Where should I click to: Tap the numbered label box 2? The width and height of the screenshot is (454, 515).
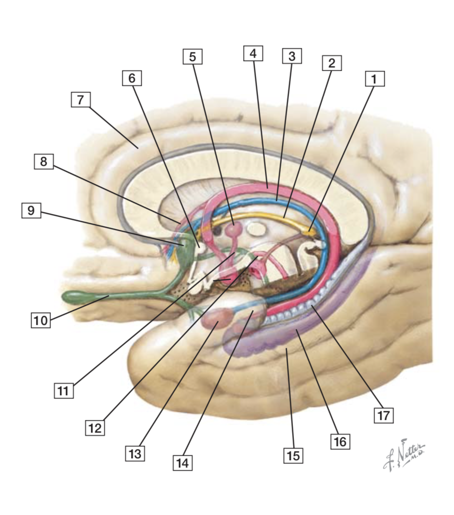click(332, 63)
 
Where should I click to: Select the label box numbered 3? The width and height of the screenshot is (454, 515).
click(292, 56)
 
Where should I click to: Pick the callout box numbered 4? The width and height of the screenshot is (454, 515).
click(253, 53)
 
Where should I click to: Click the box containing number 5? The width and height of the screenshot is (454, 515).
click(193, 57)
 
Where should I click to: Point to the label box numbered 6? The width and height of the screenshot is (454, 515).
click(132, 78)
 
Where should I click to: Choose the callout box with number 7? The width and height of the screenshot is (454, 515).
click(81, 100)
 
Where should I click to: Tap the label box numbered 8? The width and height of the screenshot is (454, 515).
click(44, 161)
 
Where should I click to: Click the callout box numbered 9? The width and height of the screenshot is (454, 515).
click(32, 210)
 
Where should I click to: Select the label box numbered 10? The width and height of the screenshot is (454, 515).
click(41, 321)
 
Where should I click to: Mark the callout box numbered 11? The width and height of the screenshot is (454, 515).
click(64, 390)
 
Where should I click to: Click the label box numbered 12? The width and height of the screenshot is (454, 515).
click(95, 428)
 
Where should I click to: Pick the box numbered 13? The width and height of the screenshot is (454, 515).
click(135, 453)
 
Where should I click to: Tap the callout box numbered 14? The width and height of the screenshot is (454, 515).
click(182, 463)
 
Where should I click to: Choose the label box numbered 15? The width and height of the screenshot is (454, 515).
click(293, 455)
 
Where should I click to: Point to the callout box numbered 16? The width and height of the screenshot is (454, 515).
click(340, 441)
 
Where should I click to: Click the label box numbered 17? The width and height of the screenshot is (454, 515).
click(383, 416)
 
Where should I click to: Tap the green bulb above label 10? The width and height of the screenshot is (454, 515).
click(80, 295)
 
